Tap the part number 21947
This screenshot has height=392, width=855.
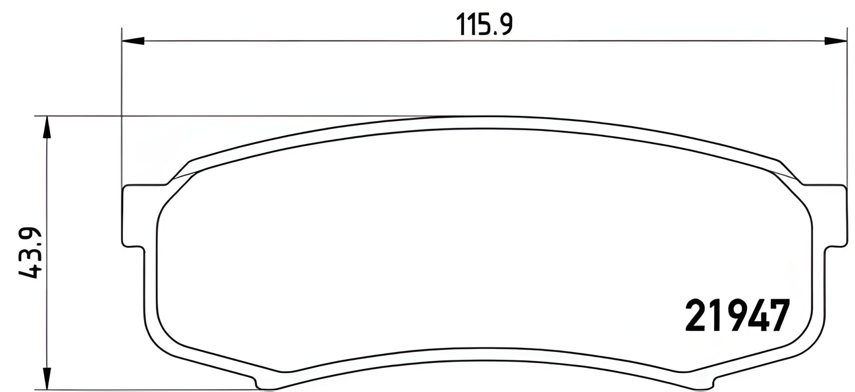click(x=737, y=316)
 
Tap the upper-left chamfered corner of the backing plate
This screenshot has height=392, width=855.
click(x=178, y=171)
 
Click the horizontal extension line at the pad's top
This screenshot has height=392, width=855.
click(x=223, y=117)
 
